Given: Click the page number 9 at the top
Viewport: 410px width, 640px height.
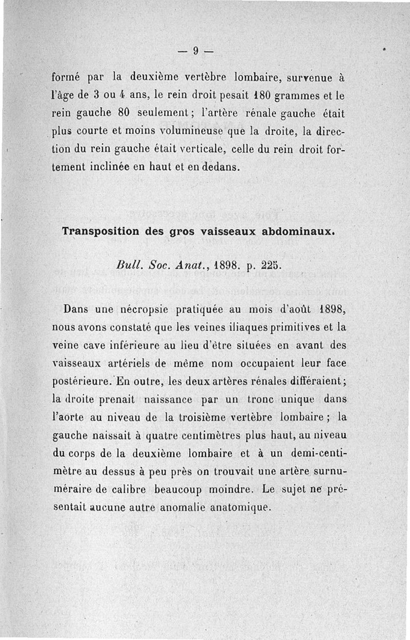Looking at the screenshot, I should (x=195, y=50).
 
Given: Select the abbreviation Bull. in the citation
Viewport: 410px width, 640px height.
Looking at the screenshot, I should (x=126, y=266).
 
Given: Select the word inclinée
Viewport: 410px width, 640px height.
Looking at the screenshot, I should (x=113, y=167).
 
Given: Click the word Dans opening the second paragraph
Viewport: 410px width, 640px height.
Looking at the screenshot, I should (x=76, y=309).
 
